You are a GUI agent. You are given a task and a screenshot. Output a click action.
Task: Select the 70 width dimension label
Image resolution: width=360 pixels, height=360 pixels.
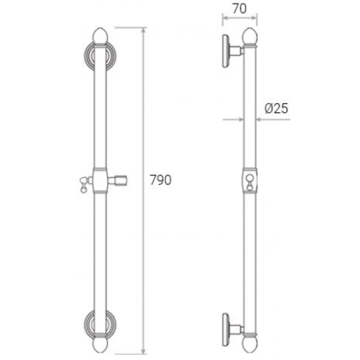click(x=239, y=9)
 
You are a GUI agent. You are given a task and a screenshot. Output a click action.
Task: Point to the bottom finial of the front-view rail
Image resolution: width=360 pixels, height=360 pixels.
click(x=100, y=345)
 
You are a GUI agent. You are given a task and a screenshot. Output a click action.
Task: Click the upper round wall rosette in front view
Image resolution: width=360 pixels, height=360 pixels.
click(x=100, y=56)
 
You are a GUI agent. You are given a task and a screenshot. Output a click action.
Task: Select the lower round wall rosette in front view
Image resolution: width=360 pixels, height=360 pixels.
click(x=100, y=324)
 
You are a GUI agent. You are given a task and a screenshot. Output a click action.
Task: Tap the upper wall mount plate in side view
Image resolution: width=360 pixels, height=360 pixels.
click(x=226, y=51)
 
